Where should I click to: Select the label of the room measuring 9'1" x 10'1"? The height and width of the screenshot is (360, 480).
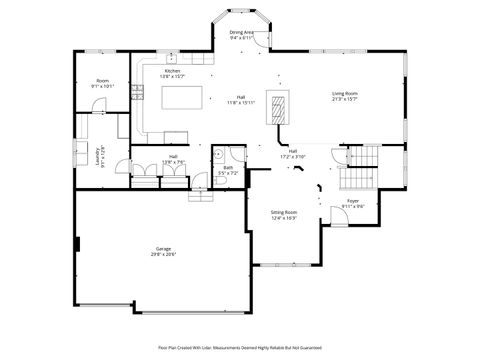click(102, 83)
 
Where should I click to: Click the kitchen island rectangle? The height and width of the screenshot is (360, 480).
click(184, 97)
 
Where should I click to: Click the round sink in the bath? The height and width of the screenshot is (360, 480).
click(218, 154)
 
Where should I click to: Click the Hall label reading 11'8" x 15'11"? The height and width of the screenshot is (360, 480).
click(241, 99)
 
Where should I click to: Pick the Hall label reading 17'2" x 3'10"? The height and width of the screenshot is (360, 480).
click(293, 153)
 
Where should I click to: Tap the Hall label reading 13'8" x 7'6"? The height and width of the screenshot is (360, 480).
click(173, 159)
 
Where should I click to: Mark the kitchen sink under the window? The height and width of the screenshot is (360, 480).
click(171, 59)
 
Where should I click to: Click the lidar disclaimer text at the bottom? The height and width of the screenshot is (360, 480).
click(240, 347)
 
